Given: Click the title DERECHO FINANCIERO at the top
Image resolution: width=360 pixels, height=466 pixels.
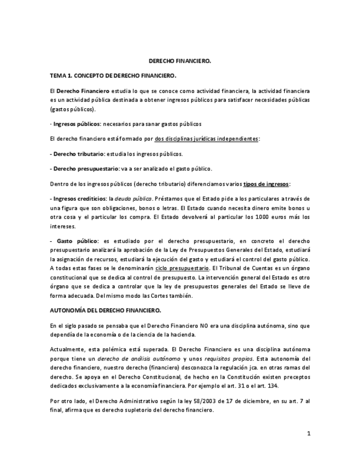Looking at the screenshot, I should (x=180, y=62).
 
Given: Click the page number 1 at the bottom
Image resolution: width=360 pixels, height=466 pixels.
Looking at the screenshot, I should (x=309, y=434).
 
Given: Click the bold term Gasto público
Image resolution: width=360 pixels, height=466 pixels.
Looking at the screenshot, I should (x=77, y=241).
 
